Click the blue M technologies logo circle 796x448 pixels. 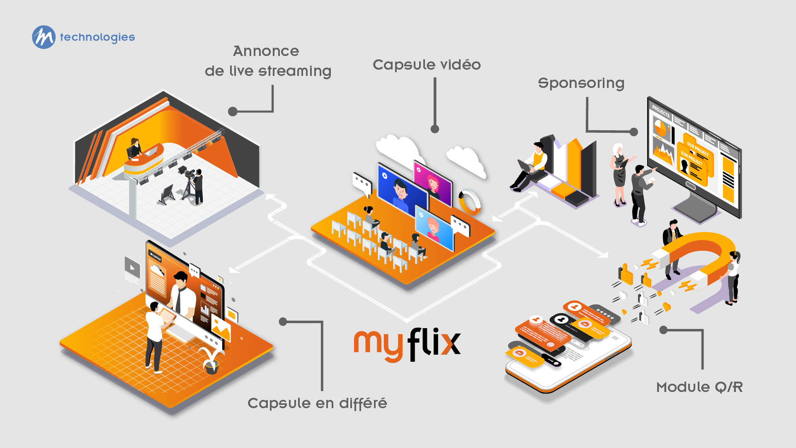pos(44,37)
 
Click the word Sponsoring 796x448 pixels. pos(581,83)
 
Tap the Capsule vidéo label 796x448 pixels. pos(427,65)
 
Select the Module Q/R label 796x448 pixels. pos(699,387)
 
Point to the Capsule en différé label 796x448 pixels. pos(317,403)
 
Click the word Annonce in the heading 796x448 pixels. pos(266,51)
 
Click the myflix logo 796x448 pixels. pos(407,344)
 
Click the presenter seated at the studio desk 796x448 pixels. pos(135,148)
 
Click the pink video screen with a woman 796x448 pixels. pos(432,183)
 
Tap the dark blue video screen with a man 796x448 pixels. pos(400,191)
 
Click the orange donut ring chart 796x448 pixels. pos(469,202)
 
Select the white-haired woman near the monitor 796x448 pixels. pos(619,174)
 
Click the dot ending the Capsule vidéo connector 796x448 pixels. pos(435,129)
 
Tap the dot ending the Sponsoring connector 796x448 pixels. pos(633,132)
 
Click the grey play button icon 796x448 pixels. pos(132,268)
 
